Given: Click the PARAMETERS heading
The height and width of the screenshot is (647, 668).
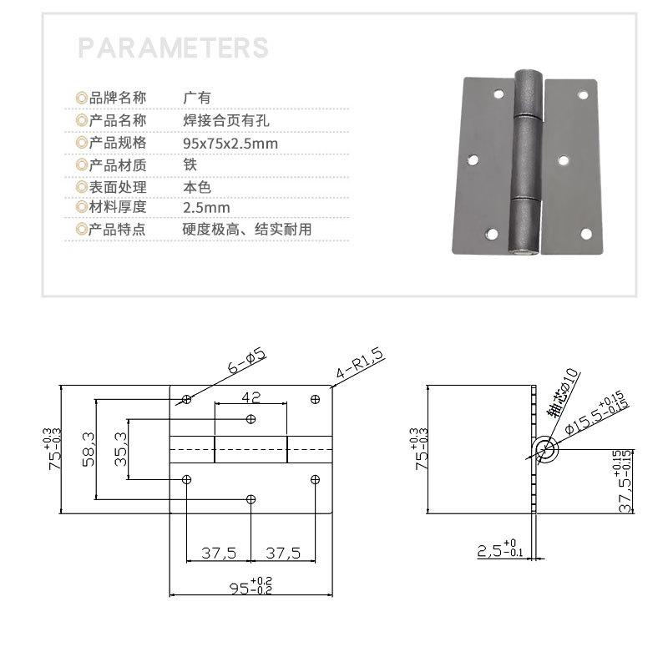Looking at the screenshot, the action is point(173,48).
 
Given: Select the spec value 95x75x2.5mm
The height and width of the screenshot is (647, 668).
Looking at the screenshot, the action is point(230,144).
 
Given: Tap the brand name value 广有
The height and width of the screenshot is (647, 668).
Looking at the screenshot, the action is point(197,98).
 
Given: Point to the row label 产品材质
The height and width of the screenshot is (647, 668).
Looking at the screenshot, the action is point(117,164).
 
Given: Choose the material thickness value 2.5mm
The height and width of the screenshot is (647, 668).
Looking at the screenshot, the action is point(206,208).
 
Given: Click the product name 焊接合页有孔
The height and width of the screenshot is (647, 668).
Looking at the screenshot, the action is point(226,120).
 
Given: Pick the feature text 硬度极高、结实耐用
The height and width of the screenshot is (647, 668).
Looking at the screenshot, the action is point(247,230).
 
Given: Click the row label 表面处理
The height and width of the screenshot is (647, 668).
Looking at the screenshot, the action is point(117,187).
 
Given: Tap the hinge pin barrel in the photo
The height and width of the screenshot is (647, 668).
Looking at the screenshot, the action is point(528,162).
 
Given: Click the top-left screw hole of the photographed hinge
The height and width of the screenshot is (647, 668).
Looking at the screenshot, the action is point(498,94).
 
